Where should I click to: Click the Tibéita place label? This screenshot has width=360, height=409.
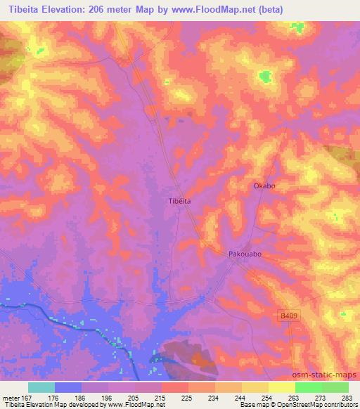tap(180, 200)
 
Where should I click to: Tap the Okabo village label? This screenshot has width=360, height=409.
tap(264, 186)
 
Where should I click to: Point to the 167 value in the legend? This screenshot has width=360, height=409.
tap(29, 396)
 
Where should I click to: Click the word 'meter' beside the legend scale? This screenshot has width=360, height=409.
tap(11, 396)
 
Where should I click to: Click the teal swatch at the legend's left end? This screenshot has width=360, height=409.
tap(41, 387)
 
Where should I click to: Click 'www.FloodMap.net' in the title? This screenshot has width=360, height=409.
tap(236, 9)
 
